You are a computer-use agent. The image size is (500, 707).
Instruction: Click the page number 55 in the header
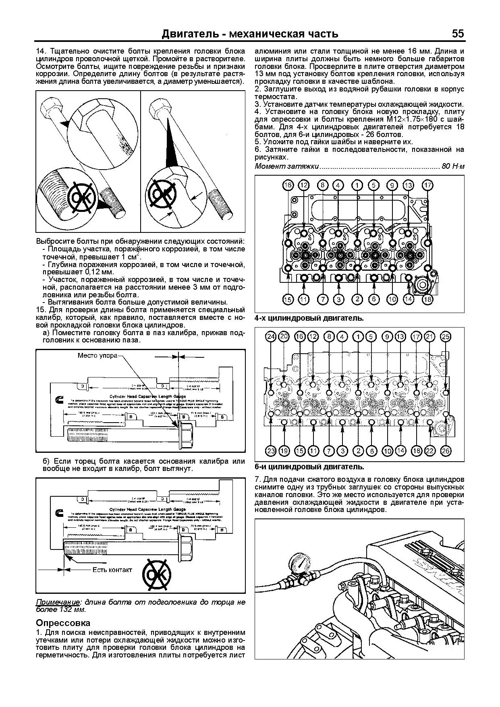458,33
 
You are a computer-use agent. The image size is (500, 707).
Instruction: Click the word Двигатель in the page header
189,34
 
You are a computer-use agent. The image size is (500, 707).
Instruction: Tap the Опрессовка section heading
63,623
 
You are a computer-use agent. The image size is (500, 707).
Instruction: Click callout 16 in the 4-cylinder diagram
288,185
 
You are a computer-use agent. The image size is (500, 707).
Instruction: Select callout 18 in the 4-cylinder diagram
427,299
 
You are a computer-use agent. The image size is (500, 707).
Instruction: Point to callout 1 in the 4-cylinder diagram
357,185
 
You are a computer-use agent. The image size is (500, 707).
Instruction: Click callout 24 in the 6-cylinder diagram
271,337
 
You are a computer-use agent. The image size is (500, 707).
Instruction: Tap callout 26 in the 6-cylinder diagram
446,451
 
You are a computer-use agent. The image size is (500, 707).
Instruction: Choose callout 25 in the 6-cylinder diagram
446,337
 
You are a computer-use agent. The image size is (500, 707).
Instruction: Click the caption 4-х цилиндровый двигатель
309,318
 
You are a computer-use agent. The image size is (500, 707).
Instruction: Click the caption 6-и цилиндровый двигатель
309,467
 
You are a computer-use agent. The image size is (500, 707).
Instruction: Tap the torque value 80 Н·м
453,166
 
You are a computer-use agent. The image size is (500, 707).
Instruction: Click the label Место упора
98,355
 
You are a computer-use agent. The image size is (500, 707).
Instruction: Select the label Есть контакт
112,570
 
